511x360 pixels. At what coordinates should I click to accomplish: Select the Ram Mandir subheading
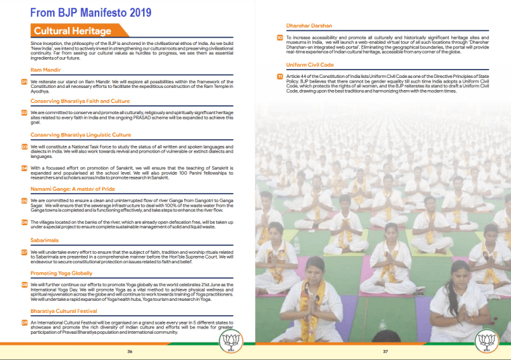[46, 70]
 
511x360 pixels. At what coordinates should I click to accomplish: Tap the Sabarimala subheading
[45, 239]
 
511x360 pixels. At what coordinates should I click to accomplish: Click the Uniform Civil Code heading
[310, 64]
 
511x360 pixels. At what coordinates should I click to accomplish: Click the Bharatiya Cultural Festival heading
[68, 311]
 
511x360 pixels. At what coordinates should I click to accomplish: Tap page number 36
[130, 351]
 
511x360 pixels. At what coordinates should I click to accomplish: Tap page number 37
[386, 351]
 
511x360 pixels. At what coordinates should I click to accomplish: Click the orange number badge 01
[24, 82]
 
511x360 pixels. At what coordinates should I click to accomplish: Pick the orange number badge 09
[24, 322]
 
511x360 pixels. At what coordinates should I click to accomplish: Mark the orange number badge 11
[280, 77]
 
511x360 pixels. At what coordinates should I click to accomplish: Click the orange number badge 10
[280, 38]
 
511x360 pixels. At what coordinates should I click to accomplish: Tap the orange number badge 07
[24, 252]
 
